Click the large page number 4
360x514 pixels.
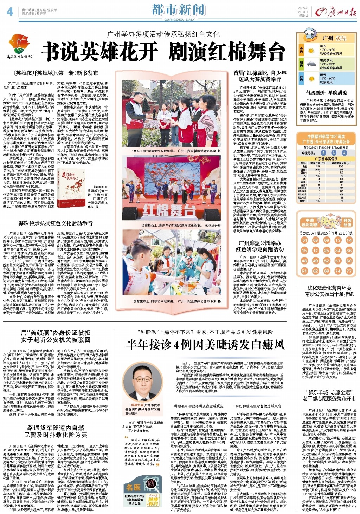click(x=10, y=12)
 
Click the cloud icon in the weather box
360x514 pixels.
click(x=311, y=64)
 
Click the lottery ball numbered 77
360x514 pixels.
click(x=349, y=271)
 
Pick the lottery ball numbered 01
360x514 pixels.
click(x=304, y=240)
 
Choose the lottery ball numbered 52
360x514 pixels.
click(x=327, y=261)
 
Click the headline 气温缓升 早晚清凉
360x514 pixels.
click(x=327, y=93)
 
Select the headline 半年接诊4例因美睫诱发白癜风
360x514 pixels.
click(x=206, y=344)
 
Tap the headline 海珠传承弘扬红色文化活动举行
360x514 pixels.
click(x=56, y=223)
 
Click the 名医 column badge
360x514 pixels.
click(x=134, y=487)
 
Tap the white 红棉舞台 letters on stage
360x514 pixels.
click(x=169, y=211)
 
